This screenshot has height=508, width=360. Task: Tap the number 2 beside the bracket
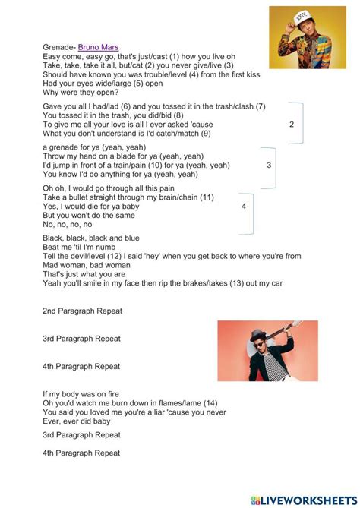[292, 124]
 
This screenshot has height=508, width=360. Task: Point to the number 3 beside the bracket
[269, 165]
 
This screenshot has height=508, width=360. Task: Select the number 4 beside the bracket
[244, 206]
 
